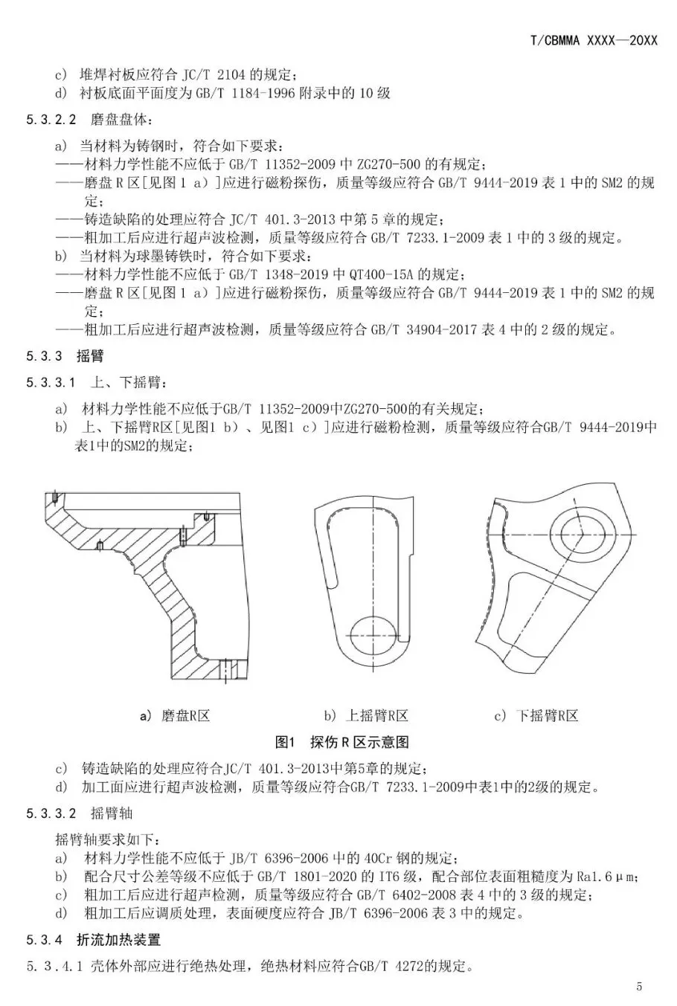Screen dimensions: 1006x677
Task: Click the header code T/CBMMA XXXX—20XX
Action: (x=594, y=41)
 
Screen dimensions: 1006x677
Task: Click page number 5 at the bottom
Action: (x=639, y=987)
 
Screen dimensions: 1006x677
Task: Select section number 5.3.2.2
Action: (x=51, y=120)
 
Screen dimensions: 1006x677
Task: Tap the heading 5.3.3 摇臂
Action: (x=65, y=356)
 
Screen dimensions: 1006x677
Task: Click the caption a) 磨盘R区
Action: (x=176, y=716)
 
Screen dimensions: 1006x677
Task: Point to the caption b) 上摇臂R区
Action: (x=366, y=716)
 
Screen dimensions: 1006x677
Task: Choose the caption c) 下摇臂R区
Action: (x=536, y=716)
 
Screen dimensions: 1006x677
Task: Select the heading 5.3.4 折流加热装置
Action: (x=93, y=941)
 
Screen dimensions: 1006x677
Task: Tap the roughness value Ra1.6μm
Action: (x=609, y=876)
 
